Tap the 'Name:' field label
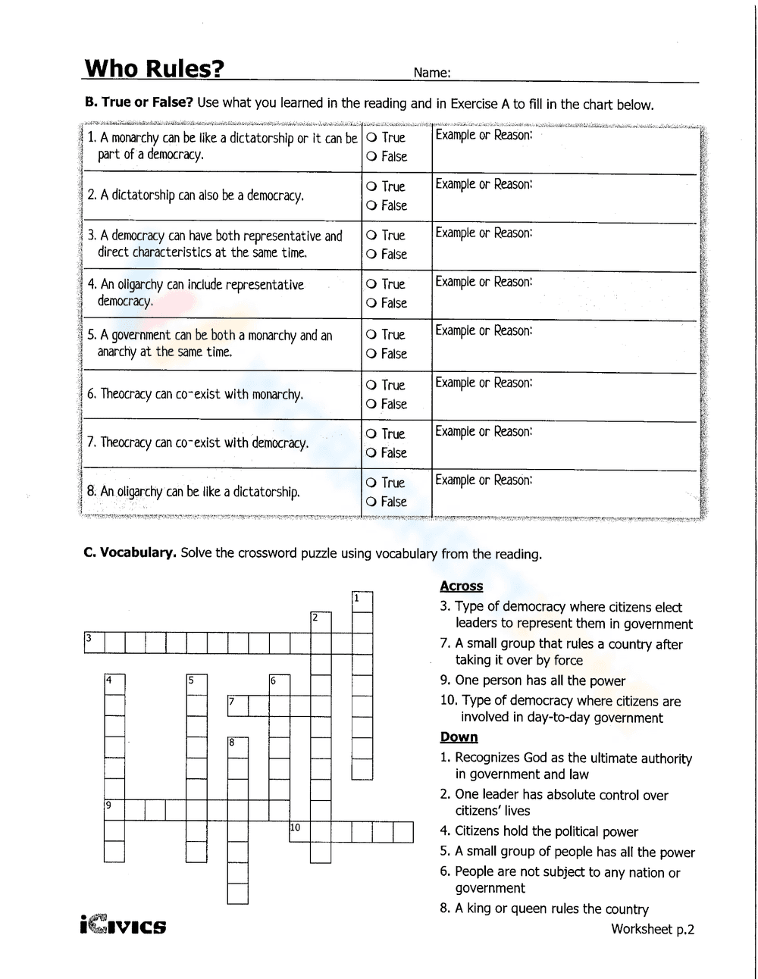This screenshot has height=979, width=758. (x=432, y=74)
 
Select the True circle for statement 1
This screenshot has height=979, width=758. (x=371, y=138)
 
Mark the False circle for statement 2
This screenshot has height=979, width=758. (x=371, y=206)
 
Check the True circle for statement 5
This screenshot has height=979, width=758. (x=371, y=335)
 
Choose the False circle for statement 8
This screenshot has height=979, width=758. (x=371, y=502)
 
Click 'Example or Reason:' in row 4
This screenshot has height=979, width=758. (x=484, y=282)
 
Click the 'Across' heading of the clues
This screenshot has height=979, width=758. (x=461, y=586)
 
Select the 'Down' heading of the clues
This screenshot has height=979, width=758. (x=459, y=737)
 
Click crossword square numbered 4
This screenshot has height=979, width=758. (x=114, y=685)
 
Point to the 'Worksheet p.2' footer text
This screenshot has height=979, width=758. (x=652, y=929)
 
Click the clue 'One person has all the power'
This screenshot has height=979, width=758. (x=540, y=680)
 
